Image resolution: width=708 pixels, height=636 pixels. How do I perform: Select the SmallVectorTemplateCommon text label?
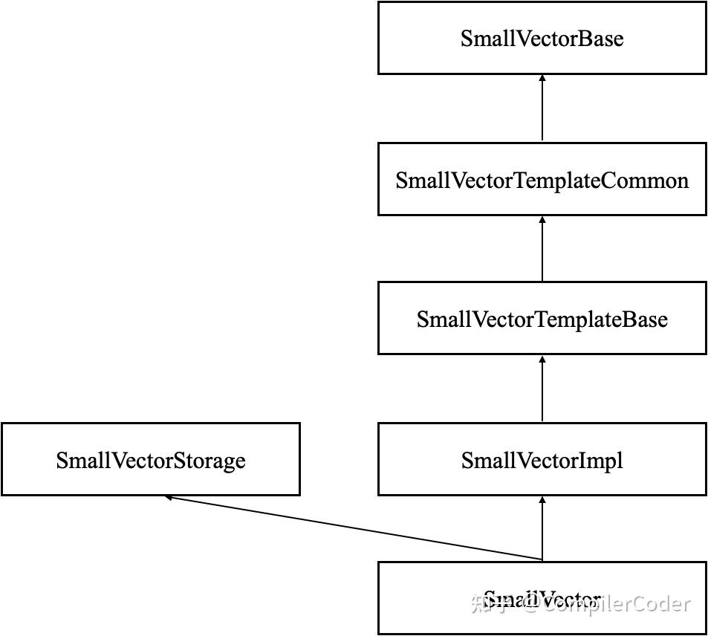(x=542, y=181)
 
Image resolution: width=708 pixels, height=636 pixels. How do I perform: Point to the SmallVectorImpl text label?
(x=542, y=461)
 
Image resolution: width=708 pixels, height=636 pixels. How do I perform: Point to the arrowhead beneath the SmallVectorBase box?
(x=542, y=78)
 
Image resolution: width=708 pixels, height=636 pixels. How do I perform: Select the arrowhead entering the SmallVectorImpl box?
(x=542, y=500)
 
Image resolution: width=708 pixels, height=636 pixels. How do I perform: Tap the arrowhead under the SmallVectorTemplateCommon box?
(x=542, y=220)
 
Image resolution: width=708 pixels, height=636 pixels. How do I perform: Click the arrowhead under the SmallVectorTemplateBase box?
(x=542, y=359)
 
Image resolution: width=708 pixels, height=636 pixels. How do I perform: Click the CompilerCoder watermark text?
(x=617, y=605)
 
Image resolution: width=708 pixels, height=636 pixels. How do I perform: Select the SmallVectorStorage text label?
(x=150, y=461)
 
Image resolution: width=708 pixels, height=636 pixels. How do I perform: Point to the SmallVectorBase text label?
(x=542, y=39)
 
